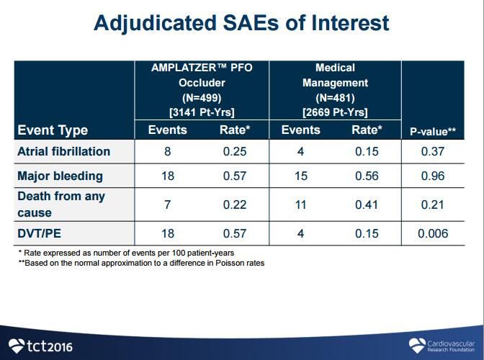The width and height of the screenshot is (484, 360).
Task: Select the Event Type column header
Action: [53, 130]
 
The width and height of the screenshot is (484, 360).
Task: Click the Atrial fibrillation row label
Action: [63, 151]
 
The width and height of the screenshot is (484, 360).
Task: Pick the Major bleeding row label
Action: [60, 176]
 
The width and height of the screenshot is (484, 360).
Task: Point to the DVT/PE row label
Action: [42, 233]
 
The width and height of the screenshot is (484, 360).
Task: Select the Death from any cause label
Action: [60, 204]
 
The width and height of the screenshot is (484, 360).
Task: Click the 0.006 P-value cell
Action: [433, 233]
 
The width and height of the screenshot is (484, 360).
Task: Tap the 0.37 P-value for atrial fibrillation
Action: [433, 151]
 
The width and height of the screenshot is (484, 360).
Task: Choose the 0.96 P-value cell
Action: [433, 176]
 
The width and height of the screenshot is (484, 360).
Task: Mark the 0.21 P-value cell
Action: [433, 204]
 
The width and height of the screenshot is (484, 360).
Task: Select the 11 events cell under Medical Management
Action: [300, 204]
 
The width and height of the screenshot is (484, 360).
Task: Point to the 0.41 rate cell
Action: [367, 204]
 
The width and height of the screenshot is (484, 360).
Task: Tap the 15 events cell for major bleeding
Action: [300, 176]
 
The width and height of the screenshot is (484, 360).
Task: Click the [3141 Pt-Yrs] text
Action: [202, 112]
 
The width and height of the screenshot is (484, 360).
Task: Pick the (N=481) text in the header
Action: [335, 97]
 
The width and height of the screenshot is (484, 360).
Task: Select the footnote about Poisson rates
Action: [141, 263]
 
